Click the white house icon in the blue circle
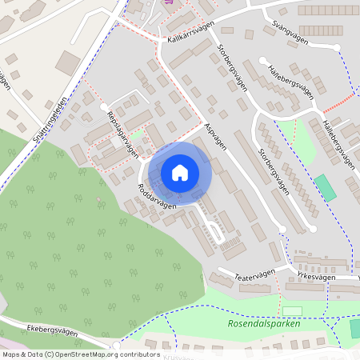tap(179, 173)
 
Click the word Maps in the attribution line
tap(12, 354)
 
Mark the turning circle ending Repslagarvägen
tap(103, 106)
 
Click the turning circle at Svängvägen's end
tap(262, 60)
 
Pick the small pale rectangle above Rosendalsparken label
tap(292, 310)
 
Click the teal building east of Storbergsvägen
tap(325, 187)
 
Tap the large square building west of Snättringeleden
tap(68, 62)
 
